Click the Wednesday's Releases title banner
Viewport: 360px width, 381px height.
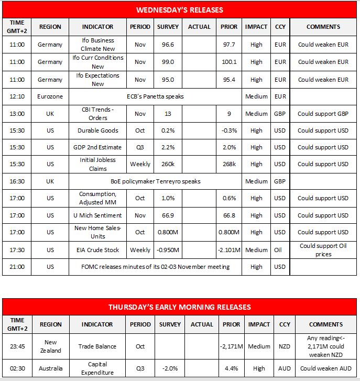tap(180, 10)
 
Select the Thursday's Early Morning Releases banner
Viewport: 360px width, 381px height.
tap(180, 307)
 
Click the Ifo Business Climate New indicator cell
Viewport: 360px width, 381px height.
tap(98, 45)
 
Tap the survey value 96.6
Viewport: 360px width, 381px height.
tap(168, 45)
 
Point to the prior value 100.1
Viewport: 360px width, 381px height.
tap(229, 62)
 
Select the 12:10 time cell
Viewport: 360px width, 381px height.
tap(17, 96)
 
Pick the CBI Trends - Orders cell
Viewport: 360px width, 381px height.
tap(98, 114)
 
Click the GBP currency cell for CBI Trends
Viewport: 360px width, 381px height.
tap(279, 114)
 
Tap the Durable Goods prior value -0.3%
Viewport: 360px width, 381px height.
tap(229, 130)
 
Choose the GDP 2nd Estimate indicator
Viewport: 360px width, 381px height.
tap(98, 147)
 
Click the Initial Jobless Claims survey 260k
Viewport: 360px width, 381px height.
tap(168, 164)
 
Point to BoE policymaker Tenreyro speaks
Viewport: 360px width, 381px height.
tap(156, 181)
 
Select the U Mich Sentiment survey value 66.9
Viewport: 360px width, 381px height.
tap(168, 215)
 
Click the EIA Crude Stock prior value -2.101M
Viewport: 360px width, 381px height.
tap(229, 250)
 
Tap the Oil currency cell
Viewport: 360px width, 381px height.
tap(279, 250)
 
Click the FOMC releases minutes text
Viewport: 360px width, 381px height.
tap(156, 267)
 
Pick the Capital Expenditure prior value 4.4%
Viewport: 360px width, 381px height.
tap(229, 368)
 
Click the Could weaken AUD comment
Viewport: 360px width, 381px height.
tap(323, 368)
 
